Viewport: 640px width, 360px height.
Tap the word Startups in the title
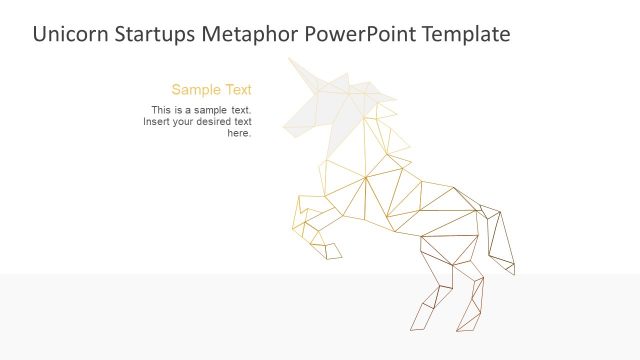coord(154,34)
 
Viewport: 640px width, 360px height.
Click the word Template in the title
coord(464,34)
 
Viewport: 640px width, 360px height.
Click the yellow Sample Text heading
coord(211,89)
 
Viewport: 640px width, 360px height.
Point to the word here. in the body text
coord(239,133)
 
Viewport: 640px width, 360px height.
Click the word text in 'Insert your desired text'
coord(243,122)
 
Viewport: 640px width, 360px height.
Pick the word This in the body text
coord(160,110)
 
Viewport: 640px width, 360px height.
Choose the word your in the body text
coord(187,122)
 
